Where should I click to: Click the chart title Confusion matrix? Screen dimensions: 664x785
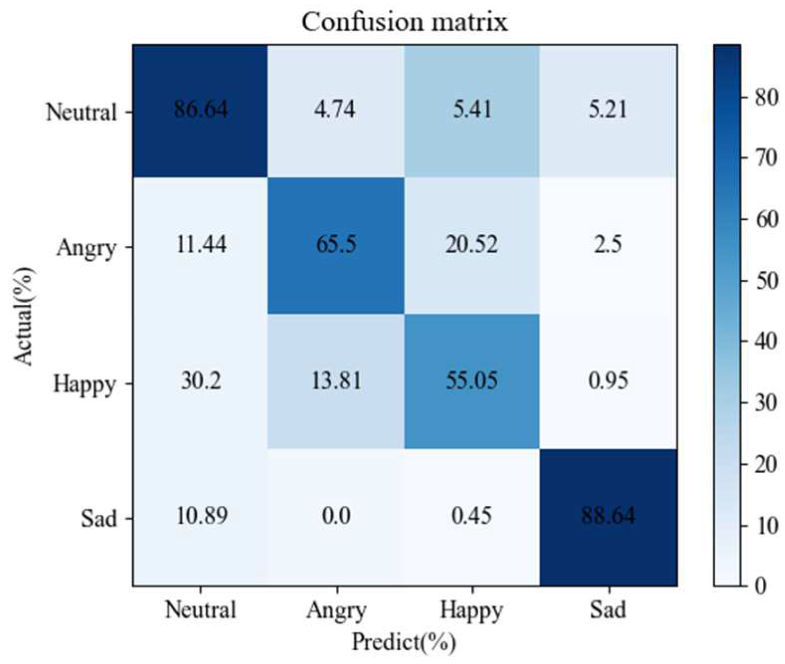pos(405,22)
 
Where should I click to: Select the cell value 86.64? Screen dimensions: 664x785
pos(200,109)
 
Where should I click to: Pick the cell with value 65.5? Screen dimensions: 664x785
pos(336,244)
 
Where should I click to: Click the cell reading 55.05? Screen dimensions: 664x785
pos(472,380)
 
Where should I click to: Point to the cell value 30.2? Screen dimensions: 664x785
pos(200,380)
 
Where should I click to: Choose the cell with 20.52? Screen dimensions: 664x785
pos(472,244)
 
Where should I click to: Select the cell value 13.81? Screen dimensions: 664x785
pos(336,380)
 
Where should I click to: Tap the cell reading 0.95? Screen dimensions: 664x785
pos(608,380)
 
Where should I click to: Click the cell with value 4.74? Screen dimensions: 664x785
pos(336,109)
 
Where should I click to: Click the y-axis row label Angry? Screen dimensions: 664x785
pos(86,248)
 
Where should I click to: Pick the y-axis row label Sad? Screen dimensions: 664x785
pos(98,519)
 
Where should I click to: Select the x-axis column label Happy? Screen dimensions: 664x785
pos(472,610)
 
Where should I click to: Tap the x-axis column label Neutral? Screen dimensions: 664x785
pos(200,610)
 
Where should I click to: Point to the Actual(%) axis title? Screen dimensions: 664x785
pos(23,316)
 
